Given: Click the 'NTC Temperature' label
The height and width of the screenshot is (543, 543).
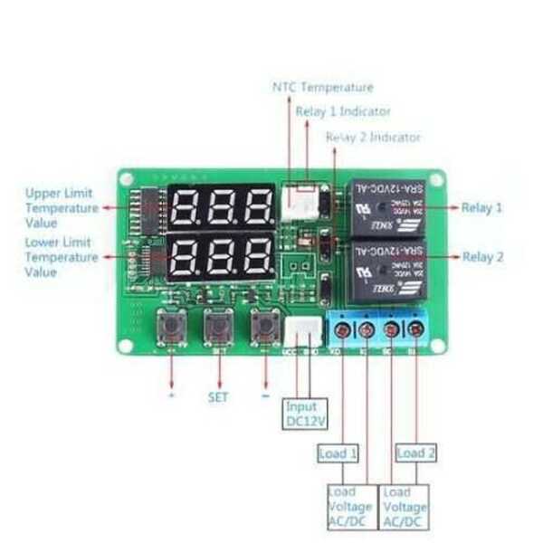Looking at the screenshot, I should pyautogui.click(x=322, y=87).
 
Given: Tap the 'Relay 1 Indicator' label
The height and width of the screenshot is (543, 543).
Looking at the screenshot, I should pyautogui.click(x=343, y=111).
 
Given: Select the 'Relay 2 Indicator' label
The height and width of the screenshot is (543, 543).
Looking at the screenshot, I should pyautogui.click(x=373, y=137).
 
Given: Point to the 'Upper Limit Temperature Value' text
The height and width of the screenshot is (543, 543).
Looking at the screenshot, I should pyautogui.click(x=62, y=207).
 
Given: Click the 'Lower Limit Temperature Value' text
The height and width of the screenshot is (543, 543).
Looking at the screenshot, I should pyautogui.click(x=62, y=257).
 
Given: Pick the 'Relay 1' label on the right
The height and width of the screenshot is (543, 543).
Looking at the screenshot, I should pyautogui.click(x=482, y=207).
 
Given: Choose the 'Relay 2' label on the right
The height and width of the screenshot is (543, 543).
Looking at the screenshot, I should pyautogui.click(x=483, y=257).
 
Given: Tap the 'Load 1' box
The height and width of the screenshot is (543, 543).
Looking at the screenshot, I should pyautogui.click(x=338, y=453).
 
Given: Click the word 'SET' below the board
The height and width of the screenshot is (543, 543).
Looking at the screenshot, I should pyautogui.click(x=218, y=396).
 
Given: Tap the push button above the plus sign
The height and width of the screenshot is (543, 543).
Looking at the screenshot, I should pyautogui.click(x=171, y=327).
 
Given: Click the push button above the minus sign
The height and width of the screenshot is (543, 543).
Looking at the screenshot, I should pyautogui.click(x=264, y=327).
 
